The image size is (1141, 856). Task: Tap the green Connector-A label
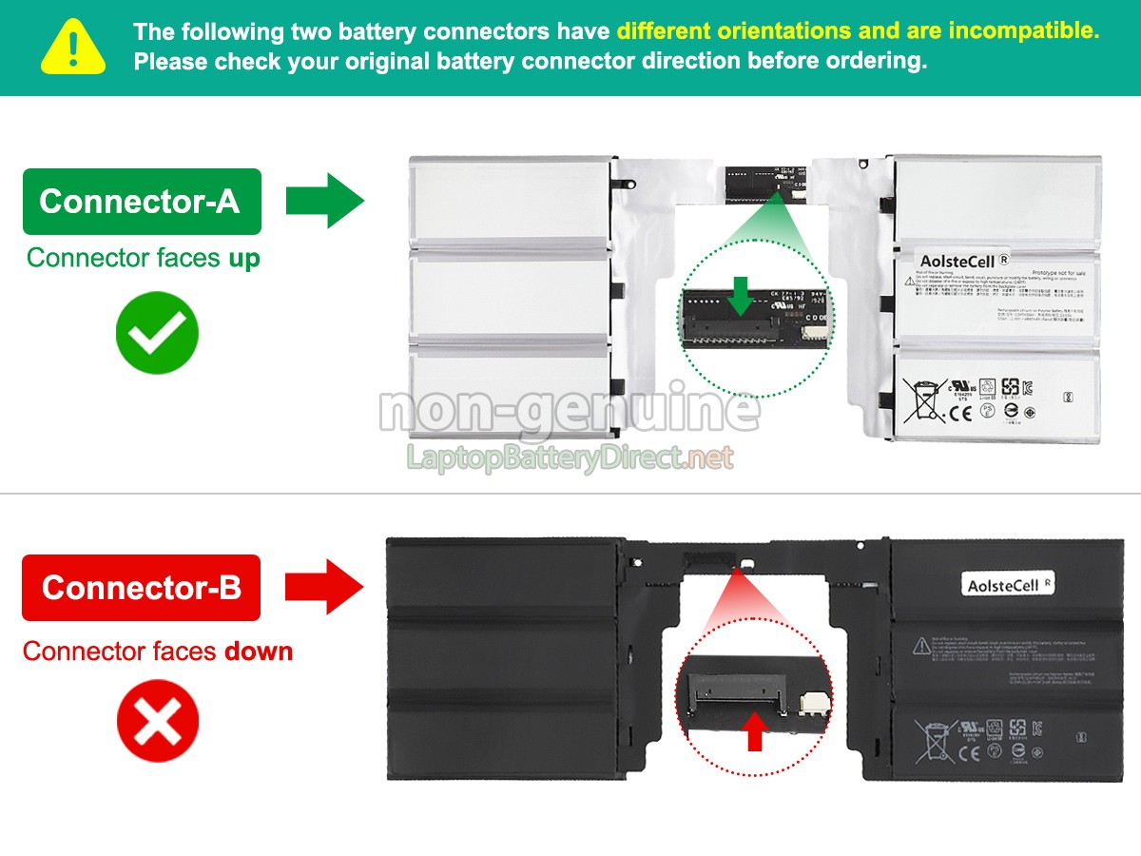tap(141, 201)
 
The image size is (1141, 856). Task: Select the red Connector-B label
tap(141, 587)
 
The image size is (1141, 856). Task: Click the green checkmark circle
tap(157, 333)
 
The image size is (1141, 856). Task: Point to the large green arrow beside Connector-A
tap(325, 200)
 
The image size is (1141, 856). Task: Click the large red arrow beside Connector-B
tap(325, 587)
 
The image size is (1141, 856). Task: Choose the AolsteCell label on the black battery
tap(1008, 584)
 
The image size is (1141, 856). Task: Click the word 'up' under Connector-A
tap(243, 258)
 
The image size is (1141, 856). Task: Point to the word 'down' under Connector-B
tap(259, 652)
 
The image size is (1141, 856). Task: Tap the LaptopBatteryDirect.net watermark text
tap(570, 458)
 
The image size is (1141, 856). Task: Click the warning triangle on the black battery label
tap(921, 646)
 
